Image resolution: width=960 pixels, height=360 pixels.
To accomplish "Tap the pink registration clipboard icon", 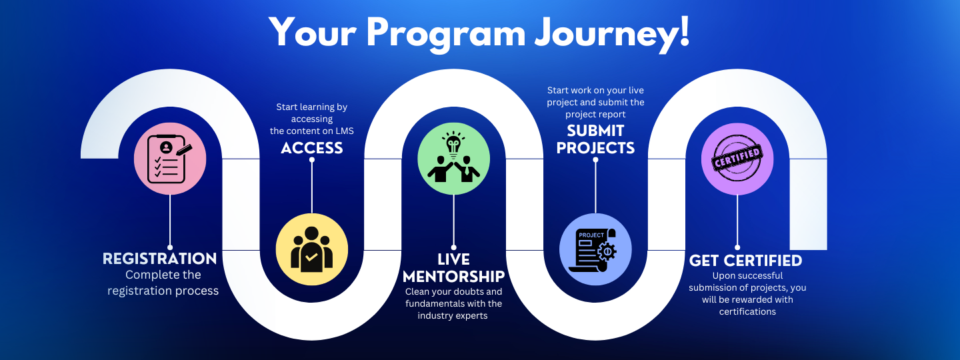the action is point(170,159).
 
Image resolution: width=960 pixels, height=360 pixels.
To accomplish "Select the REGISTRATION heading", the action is point(160,259).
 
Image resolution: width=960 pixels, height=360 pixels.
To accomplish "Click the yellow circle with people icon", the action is point(311,249).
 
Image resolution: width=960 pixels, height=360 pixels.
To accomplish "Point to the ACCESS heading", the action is point(312,148).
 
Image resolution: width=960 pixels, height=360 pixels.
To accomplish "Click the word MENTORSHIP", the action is point(454,277).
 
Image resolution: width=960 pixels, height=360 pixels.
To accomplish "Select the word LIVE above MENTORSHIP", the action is point(454,259).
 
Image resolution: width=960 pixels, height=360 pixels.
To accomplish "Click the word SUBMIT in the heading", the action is point(595,131).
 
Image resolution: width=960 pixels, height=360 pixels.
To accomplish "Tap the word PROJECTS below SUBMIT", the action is point(595,148).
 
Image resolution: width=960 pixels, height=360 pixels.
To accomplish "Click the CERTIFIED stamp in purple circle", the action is point(737,159).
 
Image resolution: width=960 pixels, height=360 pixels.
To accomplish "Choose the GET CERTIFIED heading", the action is point(746,260).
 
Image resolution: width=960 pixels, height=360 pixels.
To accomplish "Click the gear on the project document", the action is point(607,251).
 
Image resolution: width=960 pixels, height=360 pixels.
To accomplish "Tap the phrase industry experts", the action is point(453,316).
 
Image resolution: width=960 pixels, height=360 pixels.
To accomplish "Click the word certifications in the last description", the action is point(747,311).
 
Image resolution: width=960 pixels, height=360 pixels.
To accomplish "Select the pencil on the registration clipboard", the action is point(184,150).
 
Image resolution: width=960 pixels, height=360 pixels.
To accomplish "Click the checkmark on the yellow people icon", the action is point(311,257).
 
